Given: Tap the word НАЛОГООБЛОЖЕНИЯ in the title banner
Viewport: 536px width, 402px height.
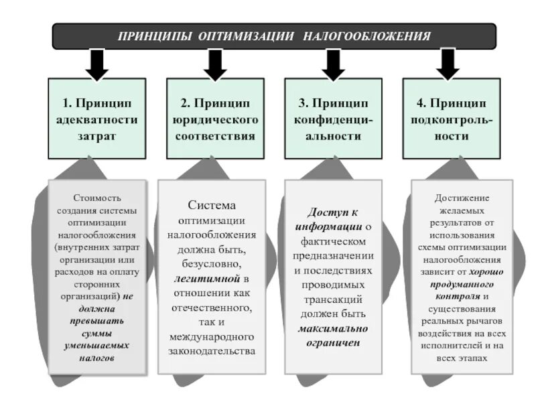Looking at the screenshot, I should click(366, 36).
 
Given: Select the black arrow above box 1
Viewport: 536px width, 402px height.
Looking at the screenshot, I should click(97, 64).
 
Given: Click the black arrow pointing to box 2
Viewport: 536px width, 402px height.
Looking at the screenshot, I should click(215, 64).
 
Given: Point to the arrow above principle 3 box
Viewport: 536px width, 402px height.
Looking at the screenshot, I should click(333, 64).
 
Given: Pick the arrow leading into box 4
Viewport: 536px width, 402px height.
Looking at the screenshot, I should click(448, 64).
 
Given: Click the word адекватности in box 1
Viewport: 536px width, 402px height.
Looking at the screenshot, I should click(97, 119).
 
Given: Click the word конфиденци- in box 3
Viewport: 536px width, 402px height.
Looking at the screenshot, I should click(333, 119).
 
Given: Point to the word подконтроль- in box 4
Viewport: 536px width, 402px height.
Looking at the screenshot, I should click(451, 119).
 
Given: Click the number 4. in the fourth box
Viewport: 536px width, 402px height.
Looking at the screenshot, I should click(421, 103).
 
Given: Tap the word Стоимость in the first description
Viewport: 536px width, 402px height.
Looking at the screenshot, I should click(97, 198).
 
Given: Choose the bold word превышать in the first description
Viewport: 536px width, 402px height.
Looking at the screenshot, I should click(97, 322).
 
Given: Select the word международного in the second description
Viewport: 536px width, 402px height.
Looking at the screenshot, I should click(213, 337).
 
